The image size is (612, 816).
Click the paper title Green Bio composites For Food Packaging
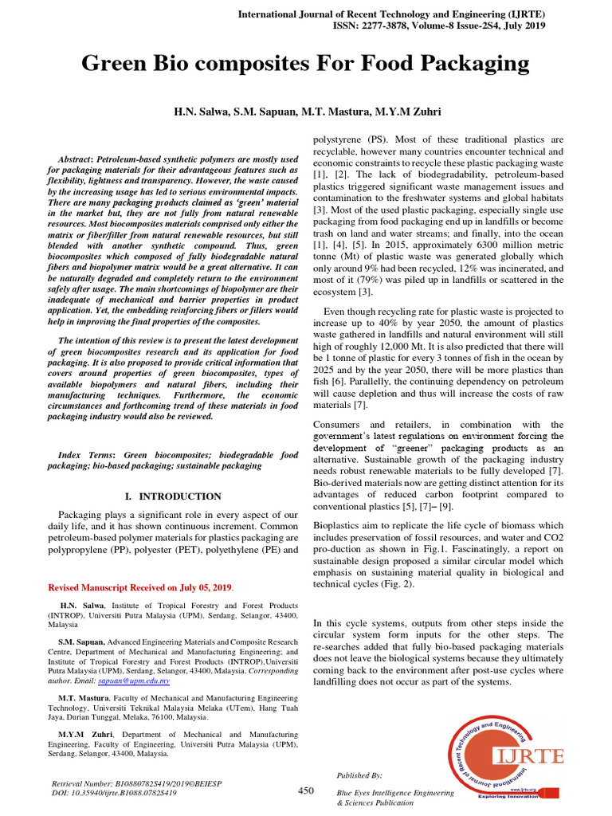click(305, 63)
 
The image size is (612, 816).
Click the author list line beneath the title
click(306, 112)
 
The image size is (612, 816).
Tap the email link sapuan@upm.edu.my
click(143, 681)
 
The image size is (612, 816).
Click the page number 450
click(306, 790)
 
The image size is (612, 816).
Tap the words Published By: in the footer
click(360, 775)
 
